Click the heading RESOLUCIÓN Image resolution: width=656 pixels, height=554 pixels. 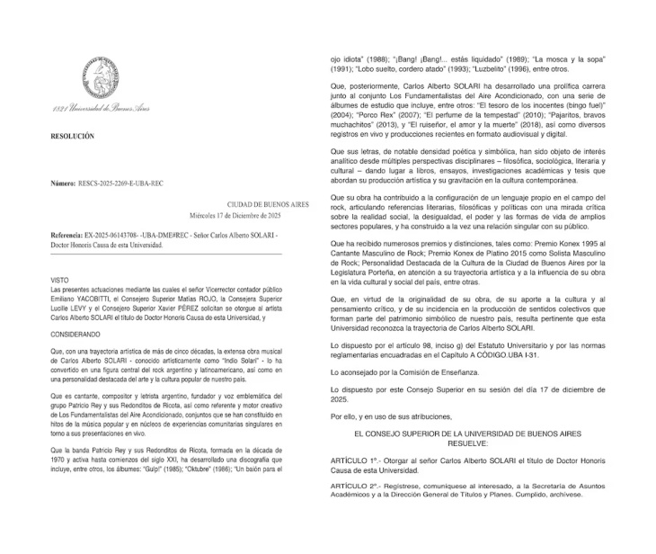(x=73, y=136)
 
